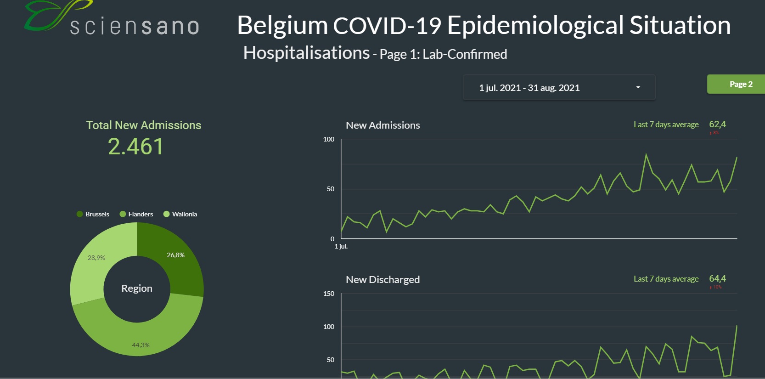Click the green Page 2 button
740,84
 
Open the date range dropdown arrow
638,87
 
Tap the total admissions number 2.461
136,147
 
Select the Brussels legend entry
93,214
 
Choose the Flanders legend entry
136,214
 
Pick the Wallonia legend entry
180,214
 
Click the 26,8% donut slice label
175,255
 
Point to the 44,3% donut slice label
141,345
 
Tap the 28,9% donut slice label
96,258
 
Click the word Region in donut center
137,288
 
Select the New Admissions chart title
382,125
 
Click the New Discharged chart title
382,280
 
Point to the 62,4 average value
717,124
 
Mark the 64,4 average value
717,279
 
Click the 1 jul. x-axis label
341,247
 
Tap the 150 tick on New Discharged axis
329,294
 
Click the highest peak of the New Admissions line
646,154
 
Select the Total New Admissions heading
144,125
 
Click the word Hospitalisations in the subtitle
306,53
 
